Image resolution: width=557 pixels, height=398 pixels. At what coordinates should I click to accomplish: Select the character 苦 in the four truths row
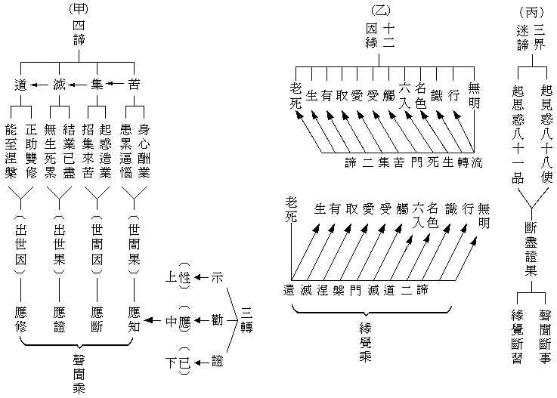coord(134,83)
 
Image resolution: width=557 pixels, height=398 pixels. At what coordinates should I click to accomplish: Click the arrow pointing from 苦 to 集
coord(115,83)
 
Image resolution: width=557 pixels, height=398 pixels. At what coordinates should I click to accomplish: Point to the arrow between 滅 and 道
coord(41,83)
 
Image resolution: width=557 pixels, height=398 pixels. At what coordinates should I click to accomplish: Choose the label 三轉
coord(246,320)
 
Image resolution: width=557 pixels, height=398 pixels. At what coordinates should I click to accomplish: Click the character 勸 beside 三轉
coord(218,320)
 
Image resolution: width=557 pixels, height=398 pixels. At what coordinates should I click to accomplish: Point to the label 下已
coord(178,363)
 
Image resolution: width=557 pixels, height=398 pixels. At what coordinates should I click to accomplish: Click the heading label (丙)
coord(533,11)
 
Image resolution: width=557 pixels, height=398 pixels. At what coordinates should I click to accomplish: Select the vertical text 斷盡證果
coord(531,248)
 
